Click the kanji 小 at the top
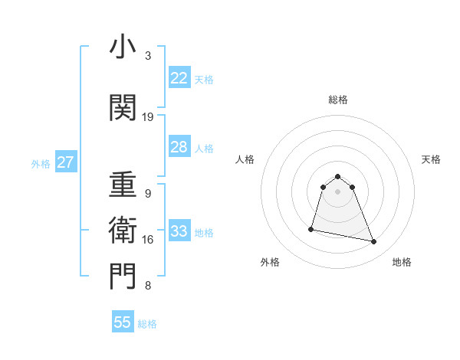[123, 47]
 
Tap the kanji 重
[123, 185]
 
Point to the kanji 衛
[123, 230]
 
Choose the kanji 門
[123, 276]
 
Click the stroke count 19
[148, 117]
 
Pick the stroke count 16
[148, 240]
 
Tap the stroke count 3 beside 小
[148, 56]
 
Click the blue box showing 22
[179, 77]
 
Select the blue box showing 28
[179, 147]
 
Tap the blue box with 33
[179, 231]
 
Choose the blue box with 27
[65, 162]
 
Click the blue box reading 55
[123, 322]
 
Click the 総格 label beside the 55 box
[147, 324]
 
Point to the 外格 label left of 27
[41, 163]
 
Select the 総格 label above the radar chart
[337, 100]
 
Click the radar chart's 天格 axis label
[431, 159]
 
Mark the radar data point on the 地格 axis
[374, 242]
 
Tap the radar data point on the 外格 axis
[311, 229]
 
